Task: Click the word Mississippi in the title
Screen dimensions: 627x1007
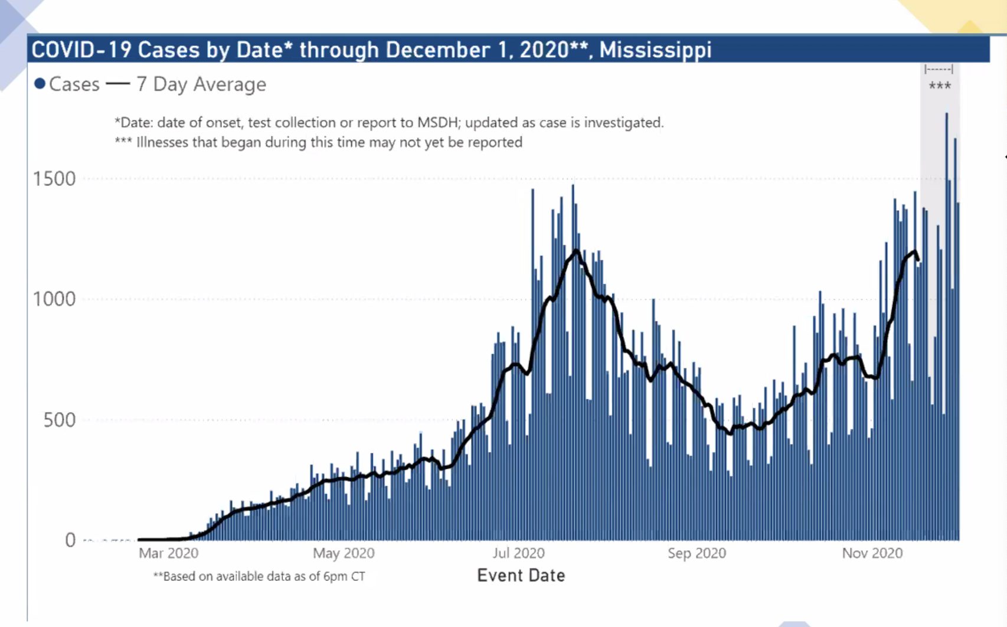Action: [x=655, y=50]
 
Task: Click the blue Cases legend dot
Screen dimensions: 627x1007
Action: [x=40, y=84]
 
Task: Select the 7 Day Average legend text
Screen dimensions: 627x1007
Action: [x=201, y=84]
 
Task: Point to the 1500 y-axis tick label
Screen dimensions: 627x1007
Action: [x=54, y=179]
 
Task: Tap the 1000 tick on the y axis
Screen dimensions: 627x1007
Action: [x=54, y=299]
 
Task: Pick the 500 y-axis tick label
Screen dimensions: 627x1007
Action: [x=60, y=420]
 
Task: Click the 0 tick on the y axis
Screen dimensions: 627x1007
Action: [x=70, y=540]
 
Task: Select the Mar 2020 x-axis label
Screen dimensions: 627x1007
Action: [x=168, y=553]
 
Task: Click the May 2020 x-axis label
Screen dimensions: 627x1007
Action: [x=344, y=553]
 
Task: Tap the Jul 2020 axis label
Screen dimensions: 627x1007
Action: [x=518, y=553]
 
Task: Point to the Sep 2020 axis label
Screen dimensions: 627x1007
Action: [x=697, y=553]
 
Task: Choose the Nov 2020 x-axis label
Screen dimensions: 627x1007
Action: [x=872, y=553]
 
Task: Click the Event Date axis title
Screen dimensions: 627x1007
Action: [x=521, y=576]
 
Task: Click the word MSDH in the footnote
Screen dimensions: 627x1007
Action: [x=439, y=123]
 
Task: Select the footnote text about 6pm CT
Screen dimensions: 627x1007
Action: [x=259, y=576]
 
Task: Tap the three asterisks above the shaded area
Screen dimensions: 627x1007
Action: [x=940, y=86]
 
